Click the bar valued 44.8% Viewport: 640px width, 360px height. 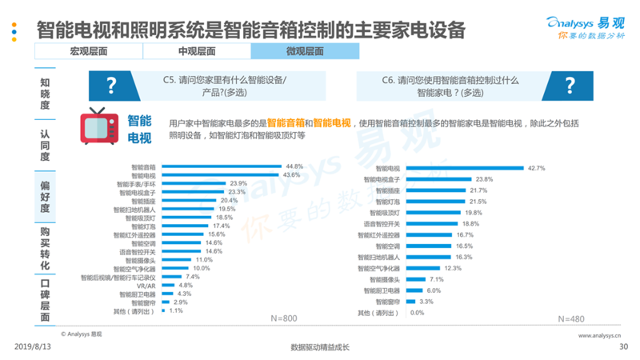(216, 166)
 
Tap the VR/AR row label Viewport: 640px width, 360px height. (146, 286)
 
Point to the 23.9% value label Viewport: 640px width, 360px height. (239, 183)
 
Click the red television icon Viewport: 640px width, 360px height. (100, 126)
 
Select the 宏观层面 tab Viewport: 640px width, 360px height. (88, 51)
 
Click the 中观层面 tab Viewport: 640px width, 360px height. (196, 51)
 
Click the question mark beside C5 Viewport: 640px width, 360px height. (111, 86)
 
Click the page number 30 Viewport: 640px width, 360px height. (624, 346)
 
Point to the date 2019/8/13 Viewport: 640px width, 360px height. (32, 346)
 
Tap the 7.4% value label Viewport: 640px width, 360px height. (192, 277)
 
